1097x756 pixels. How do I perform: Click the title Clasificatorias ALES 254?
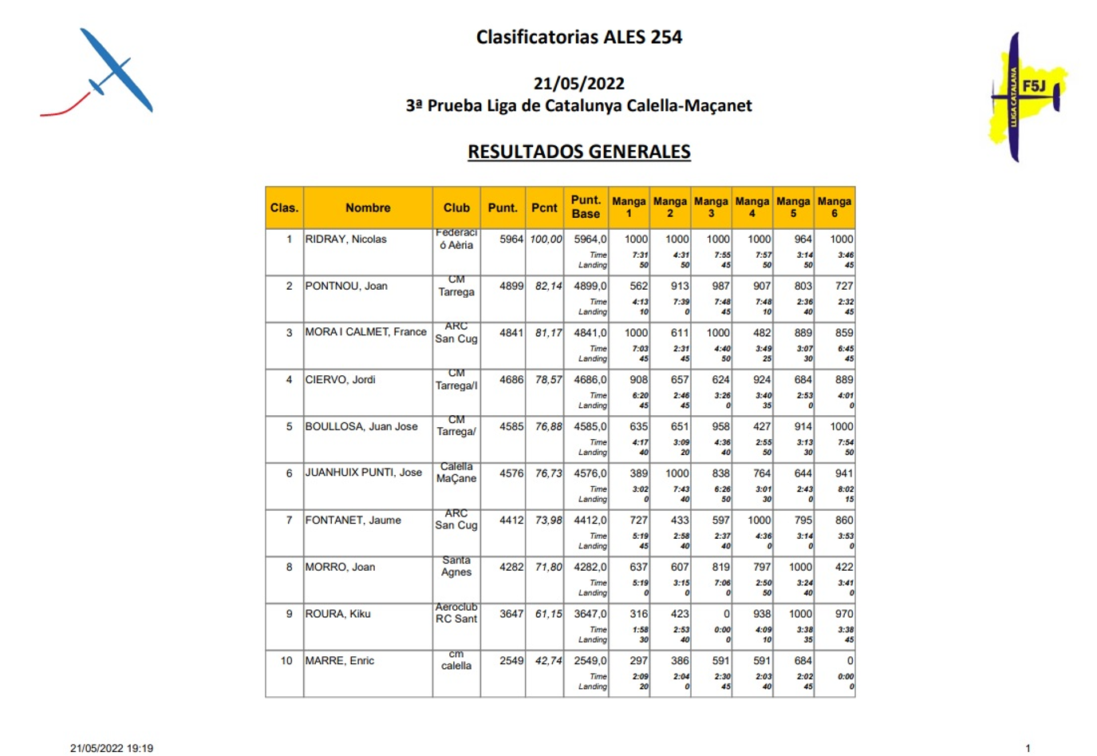(x=578, y=37)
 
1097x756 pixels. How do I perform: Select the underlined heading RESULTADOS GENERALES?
(x=578, y=152)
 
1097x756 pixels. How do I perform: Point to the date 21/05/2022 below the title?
(x=578, y=83)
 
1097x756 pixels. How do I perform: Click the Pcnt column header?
(x=544, y=208)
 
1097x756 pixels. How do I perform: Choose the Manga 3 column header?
(x=711, y=208)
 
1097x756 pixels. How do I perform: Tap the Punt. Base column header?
(x=586, y=207)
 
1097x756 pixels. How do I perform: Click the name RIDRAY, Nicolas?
(x=345, y=239)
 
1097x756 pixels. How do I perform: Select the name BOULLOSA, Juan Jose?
(x=361, y=426)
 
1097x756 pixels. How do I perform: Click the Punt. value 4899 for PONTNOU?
(x=511, y=286)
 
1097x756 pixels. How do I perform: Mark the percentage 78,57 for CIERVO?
(x=548, y=380)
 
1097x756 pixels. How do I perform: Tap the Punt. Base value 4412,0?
(x=590, y=520)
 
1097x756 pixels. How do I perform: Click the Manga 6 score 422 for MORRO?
(x=843, y=567)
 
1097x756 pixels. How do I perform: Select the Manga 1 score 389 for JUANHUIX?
(x=638, y=473)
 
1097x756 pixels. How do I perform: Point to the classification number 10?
(x=286, y=661)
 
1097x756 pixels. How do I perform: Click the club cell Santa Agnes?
(x=456, y=566)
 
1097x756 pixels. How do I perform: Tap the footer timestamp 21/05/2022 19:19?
(x=112, y=748)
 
